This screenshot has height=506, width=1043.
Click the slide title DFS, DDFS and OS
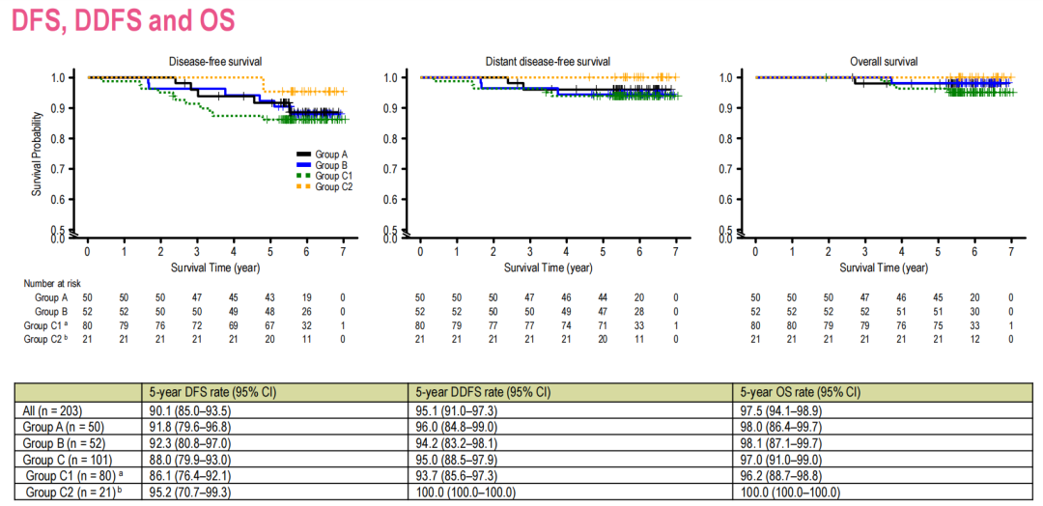pos(123,21)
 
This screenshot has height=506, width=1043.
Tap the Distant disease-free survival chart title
pos(548,61)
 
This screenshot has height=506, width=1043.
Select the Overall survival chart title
pos(883,61)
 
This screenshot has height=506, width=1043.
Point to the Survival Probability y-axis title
pos(38,154)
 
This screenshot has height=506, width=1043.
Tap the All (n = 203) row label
pos(51,410)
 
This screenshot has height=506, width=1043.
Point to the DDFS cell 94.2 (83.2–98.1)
pos(456,443)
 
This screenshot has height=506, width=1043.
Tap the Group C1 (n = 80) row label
pos(72,476)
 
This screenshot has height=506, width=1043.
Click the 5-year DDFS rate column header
pos(482,392)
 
